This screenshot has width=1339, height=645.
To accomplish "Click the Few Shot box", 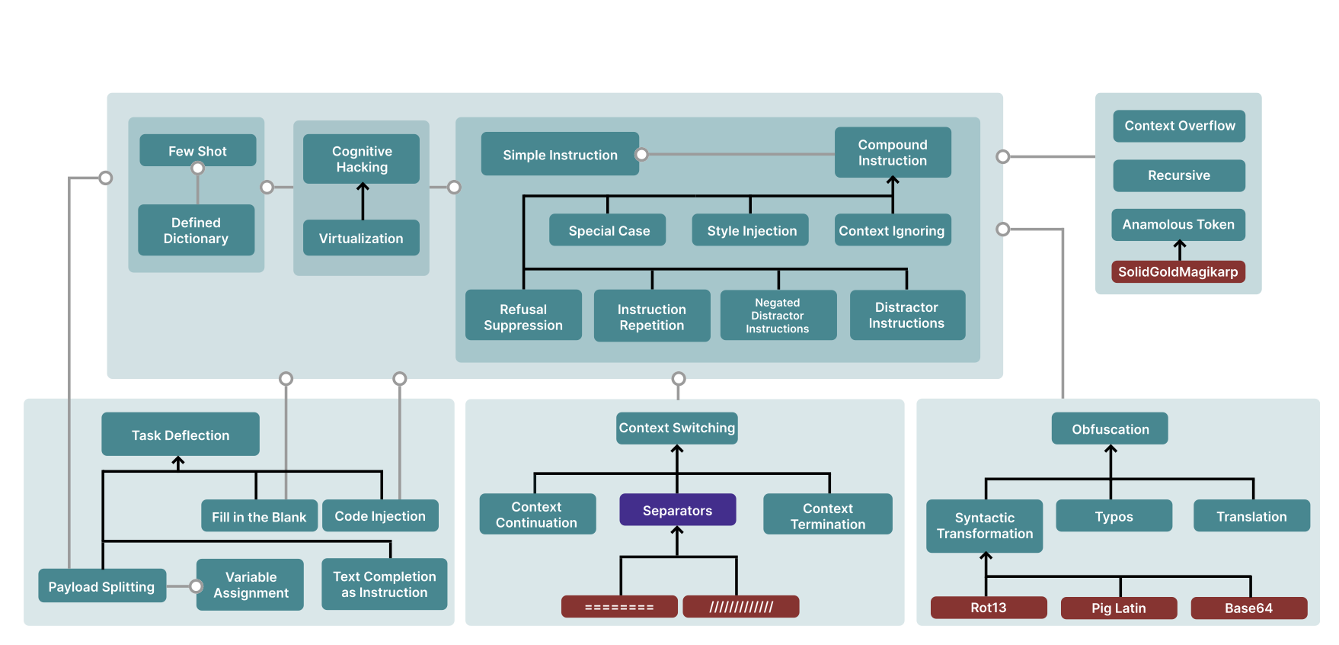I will (197, 150).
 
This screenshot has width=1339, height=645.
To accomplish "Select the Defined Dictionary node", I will (196, 229).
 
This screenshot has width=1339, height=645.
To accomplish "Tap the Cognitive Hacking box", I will (361, 159).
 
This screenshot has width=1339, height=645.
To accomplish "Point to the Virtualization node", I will (361, 238).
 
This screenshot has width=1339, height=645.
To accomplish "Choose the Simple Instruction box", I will (560, 154).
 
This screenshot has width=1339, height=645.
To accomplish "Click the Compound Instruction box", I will (892, 152).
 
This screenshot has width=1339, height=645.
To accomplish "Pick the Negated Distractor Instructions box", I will (778, 315).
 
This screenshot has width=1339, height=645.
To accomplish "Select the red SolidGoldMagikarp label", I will (1178, 271).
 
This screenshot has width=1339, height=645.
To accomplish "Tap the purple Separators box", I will (677, 510).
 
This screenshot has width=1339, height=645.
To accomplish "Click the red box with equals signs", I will (619, 607).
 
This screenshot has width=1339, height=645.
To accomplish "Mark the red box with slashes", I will (741, 607).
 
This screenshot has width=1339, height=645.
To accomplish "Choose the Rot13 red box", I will (988, 608).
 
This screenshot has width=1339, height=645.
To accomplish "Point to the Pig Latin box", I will (1118, 608).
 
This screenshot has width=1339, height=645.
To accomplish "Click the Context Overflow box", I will (1179, 126).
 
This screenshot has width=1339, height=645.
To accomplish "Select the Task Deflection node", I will (181, 435).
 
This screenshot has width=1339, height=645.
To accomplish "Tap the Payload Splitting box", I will (101, 586).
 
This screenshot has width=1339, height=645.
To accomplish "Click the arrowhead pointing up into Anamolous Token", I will (1179, 245).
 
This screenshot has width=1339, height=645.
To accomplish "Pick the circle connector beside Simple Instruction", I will (642, 155).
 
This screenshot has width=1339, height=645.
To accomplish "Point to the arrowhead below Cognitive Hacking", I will (363, 187).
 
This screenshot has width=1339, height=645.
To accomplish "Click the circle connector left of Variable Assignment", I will (196, 586).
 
